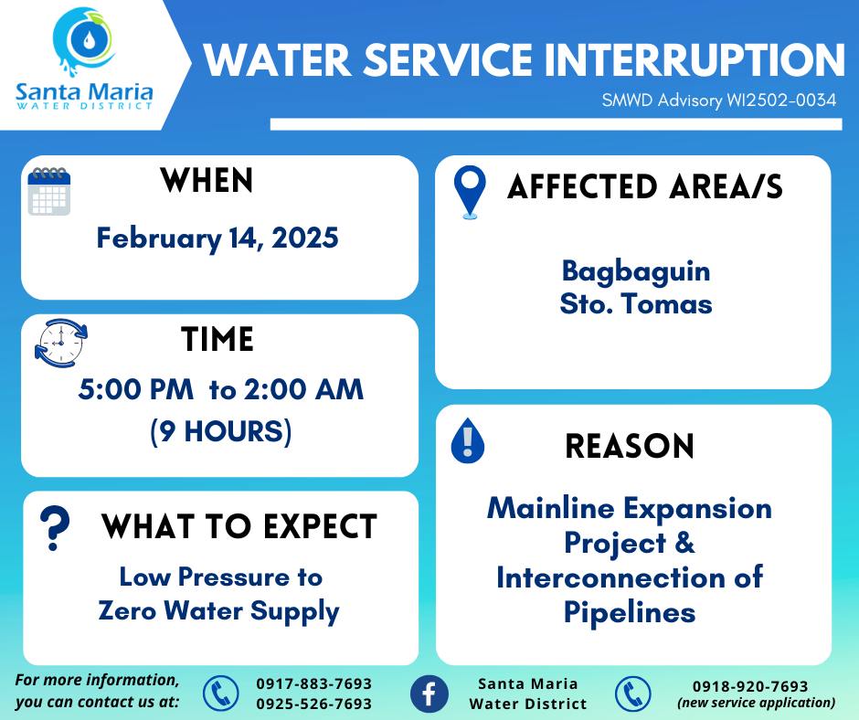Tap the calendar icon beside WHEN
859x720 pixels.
pos(49,191)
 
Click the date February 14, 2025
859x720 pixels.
pos(217,238)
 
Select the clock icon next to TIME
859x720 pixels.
pos(61,343)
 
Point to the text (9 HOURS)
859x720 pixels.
pos(221,431)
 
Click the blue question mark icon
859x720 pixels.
pos(55,528)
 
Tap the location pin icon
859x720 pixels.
pos(470,192)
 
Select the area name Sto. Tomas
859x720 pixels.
pos(636,303)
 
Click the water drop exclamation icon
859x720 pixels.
pos(467,440)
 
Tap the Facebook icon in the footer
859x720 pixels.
pos(429,694)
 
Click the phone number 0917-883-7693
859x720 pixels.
pos(314,683)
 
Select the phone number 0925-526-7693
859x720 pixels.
pos(314,704)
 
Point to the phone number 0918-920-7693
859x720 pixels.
pos(750,686)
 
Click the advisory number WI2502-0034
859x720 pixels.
pos(781,100)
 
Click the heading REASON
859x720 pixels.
pos(630,446)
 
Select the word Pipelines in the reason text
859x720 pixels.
pos(630,612)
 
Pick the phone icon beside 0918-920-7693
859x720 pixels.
pos(632,694)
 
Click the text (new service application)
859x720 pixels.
pos(757,703)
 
